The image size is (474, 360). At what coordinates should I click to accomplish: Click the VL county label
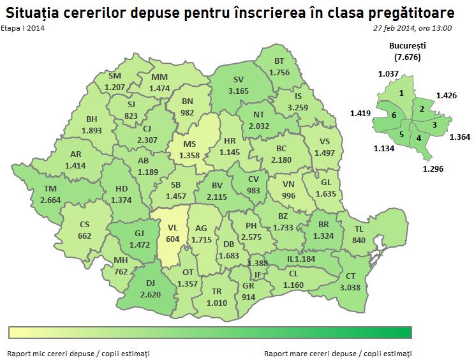(x=172, y=227)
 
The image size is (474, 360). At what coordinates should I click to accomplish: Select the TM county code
(x=49, y=189)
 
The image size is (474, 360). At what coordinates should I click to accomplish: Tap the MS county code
(x=189, y=144)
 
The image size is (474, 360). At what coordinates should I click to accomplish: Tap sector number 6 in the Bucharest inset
(x=394, y=114)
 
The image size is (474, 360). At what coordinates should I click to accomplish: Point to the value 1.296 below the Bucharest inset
(x=433, y=169)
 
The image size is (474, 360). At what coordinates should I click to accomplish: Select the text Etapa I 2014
(x=23, y=28)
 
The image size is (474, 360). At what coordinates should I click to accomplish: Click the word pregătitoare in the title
(x=415, y=11)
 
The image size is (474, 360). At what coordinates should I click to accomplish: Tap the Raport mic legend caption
(x=79, y=353)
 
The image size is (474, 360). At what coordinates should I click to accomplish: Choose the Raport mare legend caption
(x=337, y=353)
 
